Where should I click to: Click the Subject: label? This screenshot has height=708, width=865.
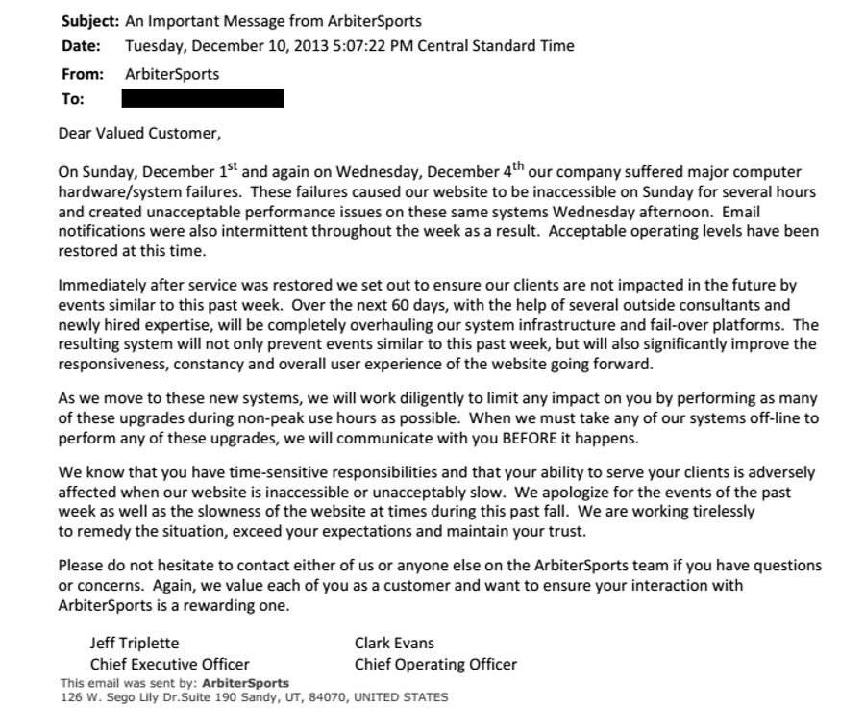click(x=89, y=20)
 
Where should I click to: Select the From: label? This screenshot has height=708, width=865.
click(x=82, y=74)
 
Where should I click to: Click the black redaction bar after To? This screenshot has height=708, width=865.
click(x=203, y=98)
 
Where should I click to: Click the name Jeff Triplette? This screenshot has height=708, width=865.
click(x=135, y=643)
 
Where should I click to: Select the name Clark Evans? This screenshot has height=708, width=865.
click(x=394, y=643)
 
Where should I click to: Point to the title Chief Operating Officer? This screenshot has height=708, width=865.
click(x=435, y=664)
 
